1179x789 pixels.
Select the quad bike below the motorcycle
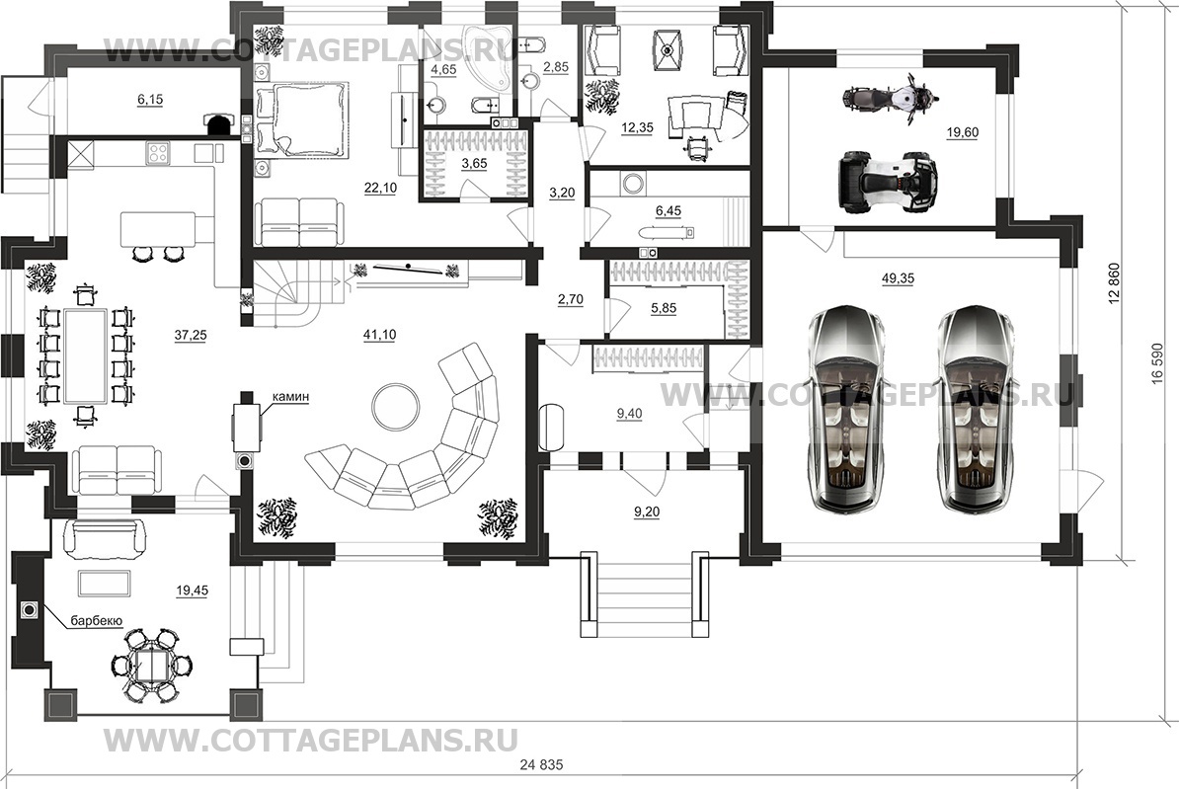[886, 182]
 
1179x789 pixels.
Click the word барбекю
[95, 621]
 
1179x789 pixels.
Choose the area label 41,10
[380, 335]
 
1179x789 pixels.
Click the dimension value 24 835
[544, 766]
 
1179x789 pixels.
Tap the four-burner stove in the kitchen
[159, 152]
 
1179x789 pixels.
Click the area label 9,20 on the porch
[646, 511]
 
